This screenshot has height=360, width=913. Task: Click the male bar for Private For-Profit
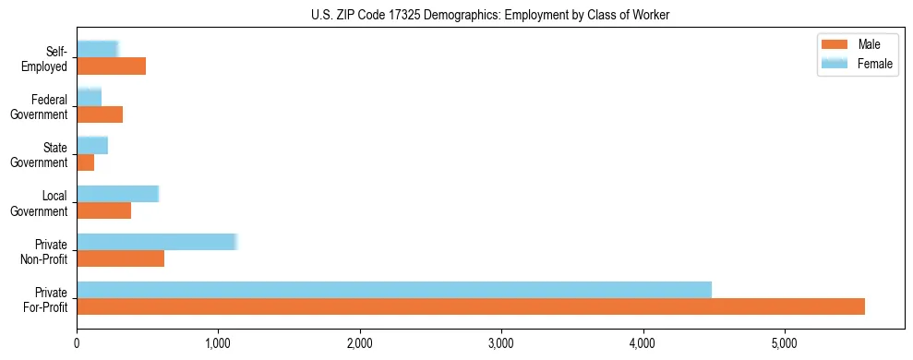tap(471, 306)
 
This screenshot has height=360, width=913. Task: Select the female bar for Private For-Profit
tap(394, 290)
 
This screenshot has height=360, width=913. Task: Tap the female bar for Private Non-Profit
tap(157, 242)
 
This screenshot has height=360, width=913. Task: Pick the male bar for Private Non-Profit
tap(120, 258)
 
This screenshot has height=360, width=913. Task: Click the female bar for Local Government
tap(117, 194)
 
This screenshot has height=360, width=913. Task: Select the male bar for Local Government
tap(103, 210)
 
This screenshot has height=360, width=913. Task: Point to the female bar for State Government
tap(92, 145)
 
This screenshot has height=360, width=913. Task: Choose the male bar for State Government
tap(85, 162)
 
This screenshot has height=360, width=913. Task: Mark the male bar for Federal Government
tap(100, 114)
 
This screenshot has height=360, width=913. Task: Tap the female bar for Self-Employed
tap(97, 49)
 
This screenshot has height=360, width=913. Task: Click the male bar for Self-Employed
tap(111, 66)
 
